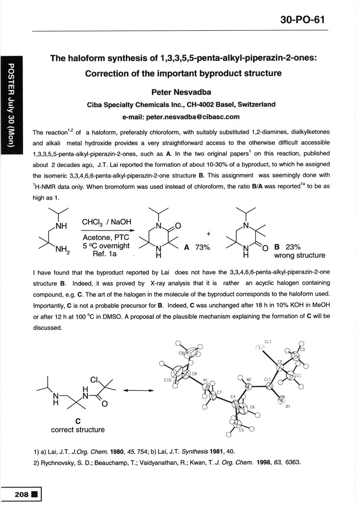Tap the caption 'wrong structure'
[x=300, y=255]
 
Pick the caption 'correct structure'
[x=78, y=430]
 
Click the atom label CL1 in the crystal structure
[x=268, y=341]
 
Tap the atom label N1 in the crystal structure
[x=206, y=381]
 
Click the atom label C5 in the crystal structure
[x=241, y=430]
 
